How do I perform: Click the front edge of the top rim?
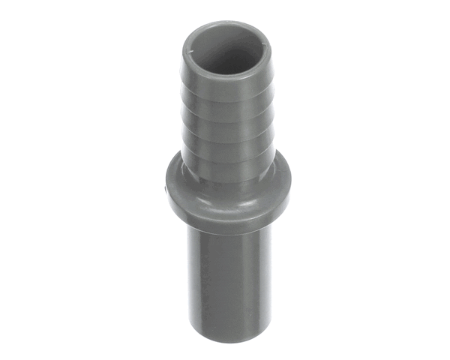point(225,75)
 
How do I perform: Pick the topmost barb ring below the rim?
point(225,91)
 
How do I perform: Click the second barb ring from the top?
point(225,115)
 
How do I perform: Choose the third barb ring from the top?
point(226,135)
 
